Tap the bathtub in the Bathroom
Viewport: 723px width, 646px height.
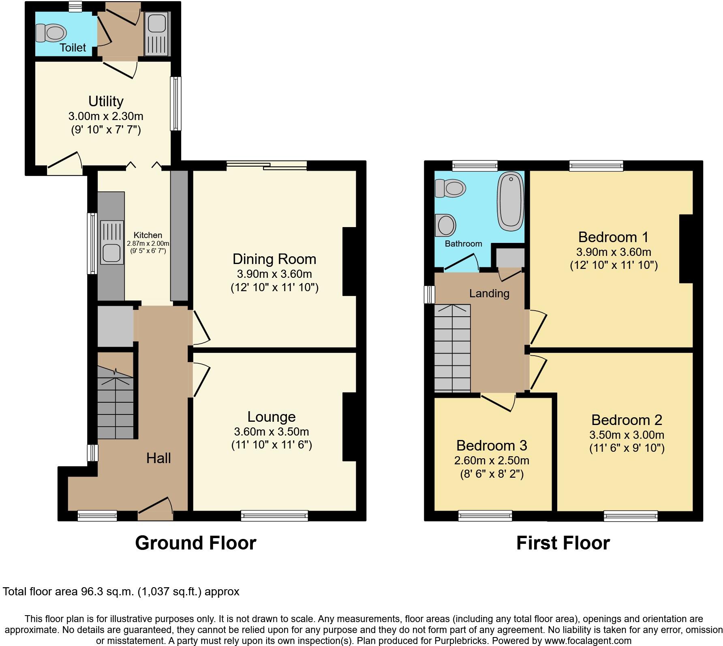(510, 202)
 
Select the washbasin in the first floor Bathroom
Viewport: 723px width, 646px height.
(445, 225)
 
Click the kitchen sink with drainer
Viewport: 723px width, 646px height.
(111, 243)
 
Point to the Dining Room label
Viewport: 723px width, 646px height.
(274, 259)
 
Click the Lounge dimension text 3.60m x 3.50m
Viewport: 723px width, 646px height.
(271, 431)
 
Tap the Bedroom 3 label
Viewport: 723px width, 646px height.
(491, 445)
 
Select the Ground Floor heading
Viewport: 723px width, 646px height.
(195, 543)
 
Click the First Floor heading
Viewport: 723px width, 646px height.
(563, 543)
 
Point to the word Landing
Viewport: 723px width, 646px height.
(489, 293)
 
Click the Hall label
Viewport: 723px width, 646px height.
(158, 458)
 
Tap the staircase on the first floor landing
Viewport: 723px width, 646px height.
(452, 349)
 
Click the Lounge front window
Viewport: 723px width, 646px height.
(274, 515)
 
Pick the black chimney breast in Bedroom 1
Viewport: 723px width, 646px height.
(686, 248)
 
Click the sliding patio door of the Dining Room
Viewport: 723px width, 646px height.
(266, 165)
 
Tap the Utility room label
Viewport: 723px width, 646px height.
(106, 101)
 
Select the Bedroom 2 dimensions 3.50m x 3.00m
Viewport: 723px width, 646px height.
(626, 435)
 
